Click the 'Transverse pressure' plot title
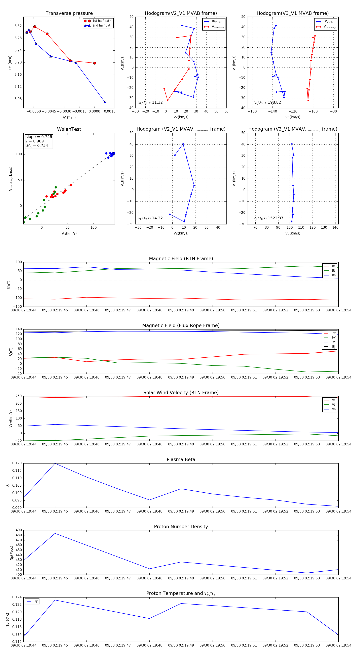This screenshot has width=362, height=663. [69, 13]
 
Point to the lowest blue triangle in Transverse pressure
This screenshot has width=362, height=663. [105, 102]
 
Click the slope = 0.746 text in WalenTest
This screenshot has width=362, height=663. [39, 137]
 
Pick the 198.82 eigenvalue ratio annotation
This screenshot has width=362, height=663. [267, 102]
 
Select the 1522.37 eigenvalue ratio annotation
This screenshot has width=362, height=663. [268, 218]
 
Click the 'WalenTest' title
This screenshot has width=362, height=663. [69, 129]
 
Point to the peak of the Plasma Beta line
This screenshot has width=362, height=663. [55, 463]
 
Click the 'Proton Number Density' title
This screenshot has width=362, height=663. [181, 527]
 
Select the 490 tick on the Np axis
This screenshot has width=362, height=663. [19, 530]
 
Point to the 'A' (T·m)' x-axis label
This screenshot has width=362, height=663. [69, 117]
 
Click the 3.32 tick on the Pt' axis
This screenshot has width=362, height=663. [18, 26]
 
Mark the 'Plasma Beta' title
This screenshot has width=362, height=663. [181, 459]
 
